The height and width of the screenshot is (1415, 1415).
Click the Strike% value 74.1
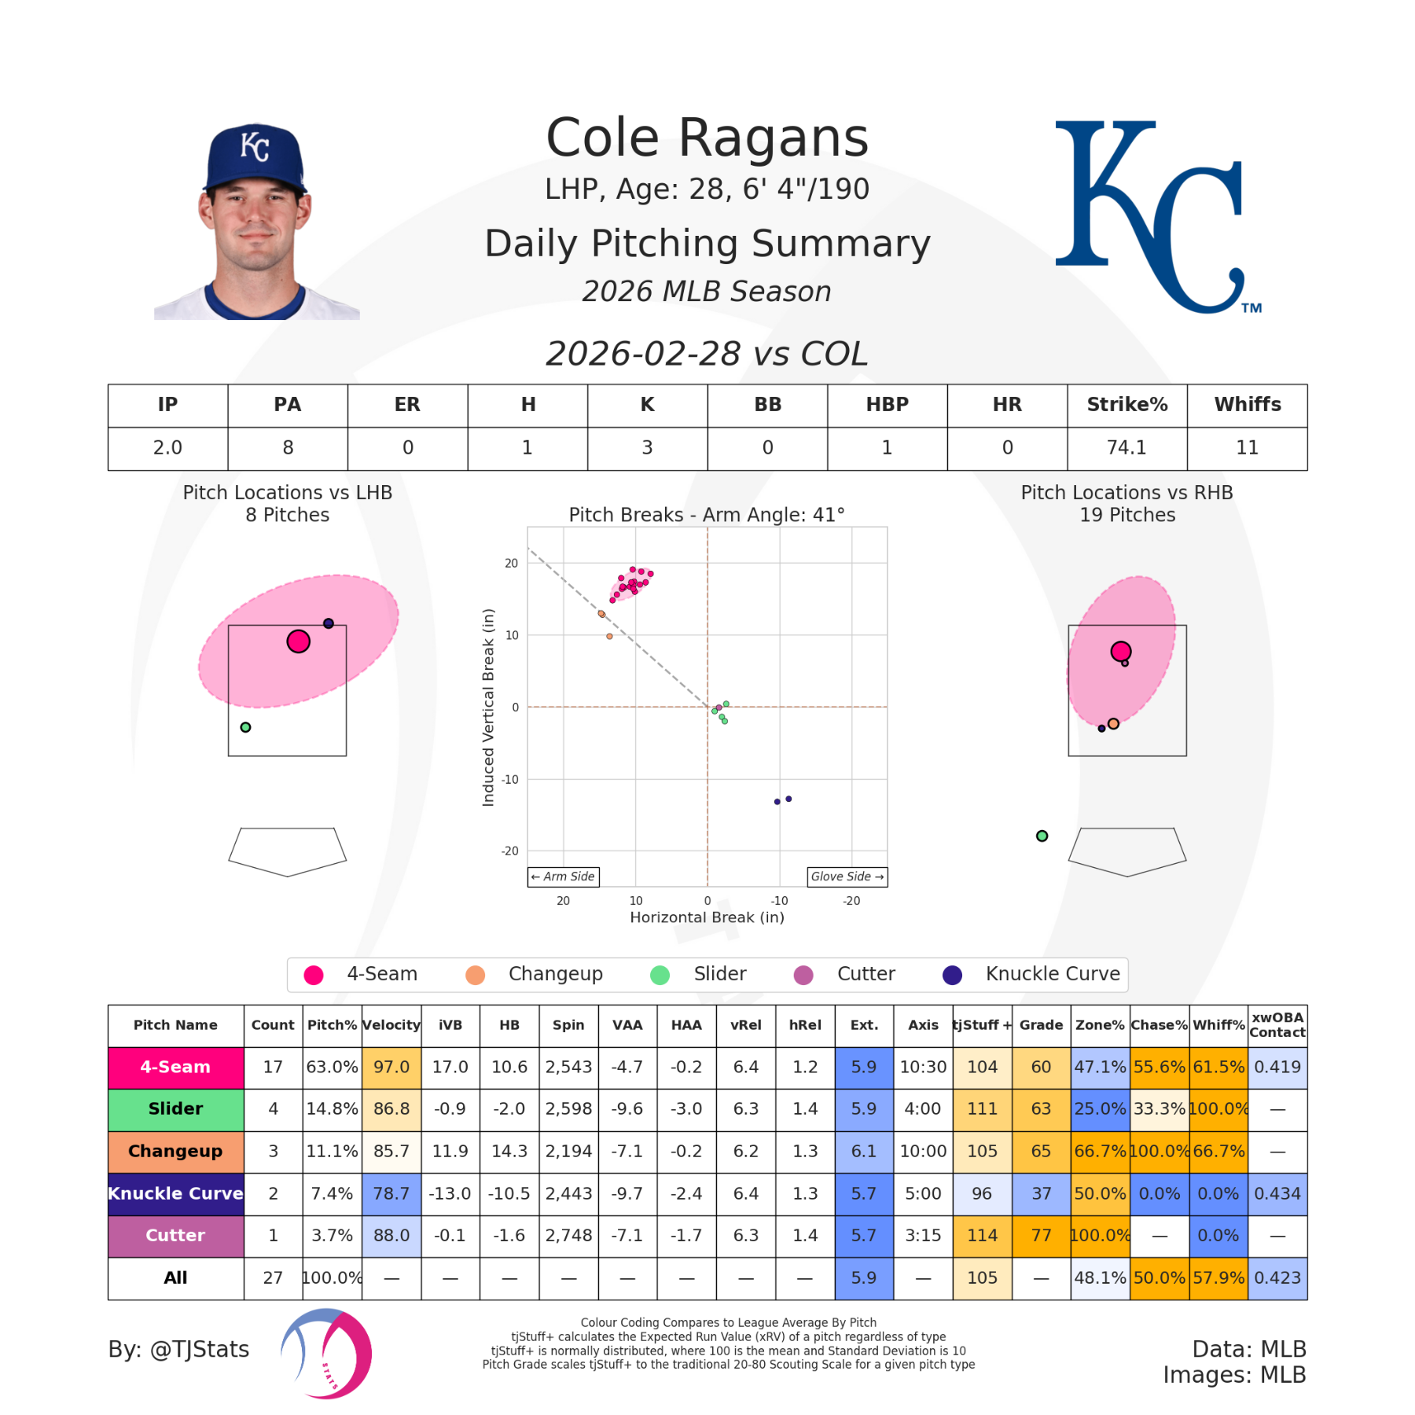pyautogui.click(x=1126, y=448)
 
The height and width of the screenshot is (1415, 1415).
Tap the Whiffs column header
pyautogui.click(x=1248, y=405)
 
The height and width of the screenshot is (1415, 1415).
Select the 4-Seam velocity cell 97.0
pyautogui.click(x=391, y=1067)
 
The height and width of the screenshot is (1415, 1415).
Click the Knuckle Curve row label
pyautogui.click(x=175, y=1193)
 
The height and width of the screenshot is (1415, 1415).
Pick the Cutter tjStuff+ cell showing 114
pyautogui.click(x=982, y=1235)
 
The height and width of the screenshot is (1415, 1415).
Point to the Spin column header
pyautogui.click(x=568, y=1025)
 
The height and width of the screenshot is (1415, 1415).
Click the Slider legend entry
pyautogui.click(x=719, y=974)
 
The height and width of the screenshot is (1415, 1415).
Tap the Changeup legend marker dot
pyautogui.click(x=475, y=975)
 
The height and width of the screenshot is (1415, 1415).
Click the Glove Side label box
pyautogui.click(x=847, y=877)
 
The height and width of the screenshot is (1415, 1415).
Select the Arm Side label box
pyautogui.click(x=563, y=877)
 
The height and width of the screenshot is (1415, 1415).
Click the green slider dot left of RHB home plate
pyautogui.click(x=1042, y=836)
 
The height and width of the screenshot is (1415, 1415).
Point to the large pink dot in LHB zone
pyautogui.click(x=298, y=641)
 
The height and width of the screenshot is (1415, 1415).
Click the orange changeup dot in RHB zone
pyautogui.click(x=1113, y=723)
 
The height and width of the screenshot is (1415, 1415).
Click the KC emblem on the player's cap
pyautogui.click(x=255, y=147)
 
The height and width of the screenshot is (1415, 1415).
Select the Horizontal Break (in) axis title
pyautogui.click(x=707, y=917)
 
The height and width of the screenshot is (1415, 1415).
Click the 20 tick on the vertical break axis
pyautogui.click(x=512, y=563)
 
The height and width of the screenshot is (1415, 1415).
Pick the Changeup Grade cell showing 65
pyautogui.click(x=1041, y=1151)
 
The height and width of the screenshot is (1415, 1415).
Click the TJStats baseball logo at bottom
pyautogui.click(x=327, y=1353)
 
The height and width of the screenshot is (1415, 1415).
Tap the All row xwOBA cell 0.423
pyautogui.click(x=1277, y=1277)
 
